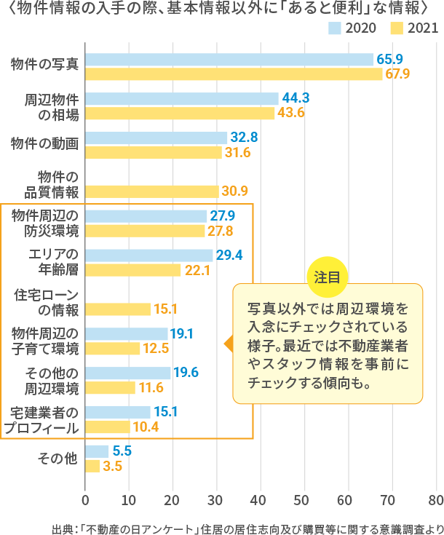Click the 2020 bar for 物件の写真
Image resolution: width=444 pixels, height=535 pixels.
tap(229, 60)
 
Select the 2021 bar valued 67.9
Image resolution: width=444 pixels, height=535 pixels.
tap(234, 74)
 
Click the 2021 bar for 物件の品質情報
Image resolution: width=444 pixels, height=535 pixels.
tap(152, 191)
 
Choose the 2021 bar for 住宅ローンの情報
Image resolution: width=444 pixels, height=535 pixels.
tap(118, 309)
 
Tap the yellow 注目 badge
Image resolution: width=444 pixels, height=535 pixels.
tap(327, 278)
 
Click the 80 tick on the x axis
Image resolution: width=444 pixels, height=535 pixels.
tap(435, 500)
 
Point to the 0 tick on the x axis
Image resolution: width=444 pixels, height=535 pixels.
tap(86, 500)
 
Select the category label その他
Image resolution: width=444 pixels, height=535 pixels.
tap(57, 458)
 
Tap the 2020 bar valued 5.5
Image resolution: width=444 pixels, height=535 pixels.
tap(98, 451)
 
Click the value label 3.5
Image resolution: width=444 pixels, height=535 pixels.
tap(112, 466)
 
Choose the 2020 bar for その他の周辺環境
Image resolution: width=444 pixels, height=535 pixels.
tap(128, 373)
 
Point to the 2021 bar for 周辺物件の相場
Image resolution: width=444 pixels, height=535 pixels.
tap(181, 114)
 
